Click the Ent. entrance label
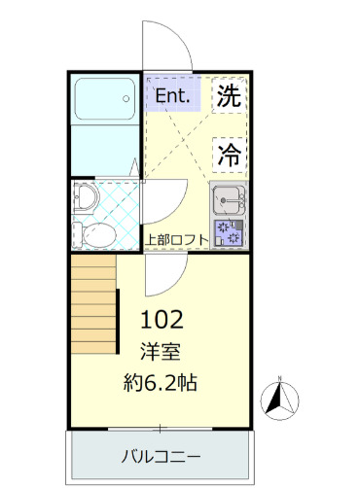pyautogui.click(x=173, y=94)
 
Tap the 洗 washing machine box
pyautogui.click(x=228, y=95)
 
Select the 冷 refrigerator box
pyautogui.click(x=229, y=153)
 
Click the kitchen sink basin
pyautogui.click(x=230, y=200)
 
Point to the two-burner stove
pyautogui.click(x=230, y=233)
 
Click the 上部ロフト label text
pyautogui.click(x=177, y=238)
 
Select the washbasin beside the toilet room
pyautogui.click(x=86, y=198)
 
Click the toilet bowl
pyautogui.click(x=95, y=233)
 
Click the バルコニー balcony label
pyautogui.click(x=162, y=455)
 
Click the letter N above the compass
pyautogui.click(x=279, y=378)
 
